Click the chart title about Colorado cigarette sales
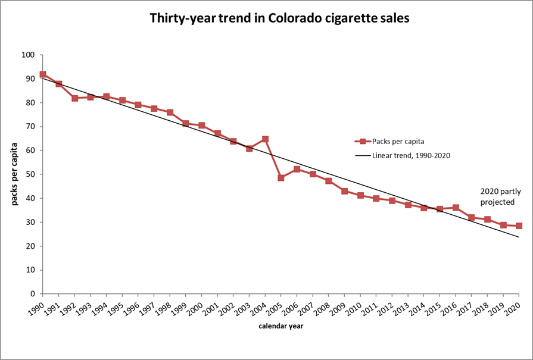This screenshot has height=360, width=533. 279,18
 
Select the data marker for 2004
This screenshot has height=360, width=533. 265,139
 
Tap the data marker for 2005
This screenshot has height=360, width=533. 281,178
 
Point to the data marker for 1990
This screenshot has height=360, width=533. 43,74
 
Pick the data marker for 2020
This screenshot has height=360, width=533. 519,226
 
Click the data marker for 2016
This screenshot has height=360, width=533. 456,208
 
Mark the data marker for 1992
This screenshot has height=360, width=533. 74,98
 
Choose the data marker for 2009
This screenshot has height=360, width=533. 344,191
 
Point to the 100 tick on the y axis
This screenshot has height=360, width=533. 29,55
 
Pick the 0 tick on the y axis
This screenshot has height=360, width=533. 33,294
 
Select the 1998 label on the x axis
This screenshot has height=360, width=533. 166,306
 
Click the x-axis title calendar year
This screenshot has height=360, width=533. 279,326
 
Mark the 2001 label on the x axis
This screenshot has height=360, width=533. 214,306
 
